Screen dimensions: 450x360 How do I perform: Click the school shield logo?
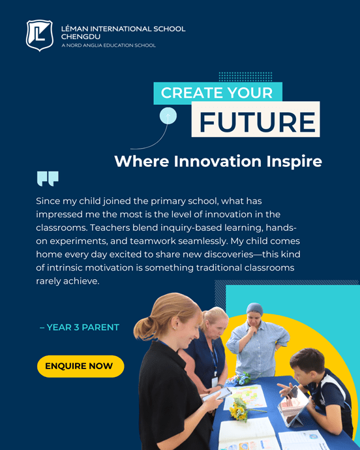pos(39,35)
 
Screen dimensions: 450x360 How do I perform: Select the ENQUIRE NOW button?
pos(80,367)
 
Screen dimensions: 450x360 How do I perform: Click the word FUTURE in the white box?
pos(257,122)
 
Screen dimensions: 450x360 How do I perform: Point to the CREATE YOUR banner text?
pos(217,93)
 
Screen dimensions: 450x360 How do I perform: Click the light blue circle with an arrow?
pos(168,116)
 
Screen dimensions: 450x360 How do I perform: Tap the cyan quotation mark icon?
pos(48,179)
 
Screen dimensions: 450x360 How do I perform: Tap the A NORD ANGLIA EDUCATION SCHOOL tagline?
pos(108,45)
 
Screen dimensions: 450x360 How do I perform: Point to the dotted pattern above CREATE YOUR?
pos(236,76)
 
